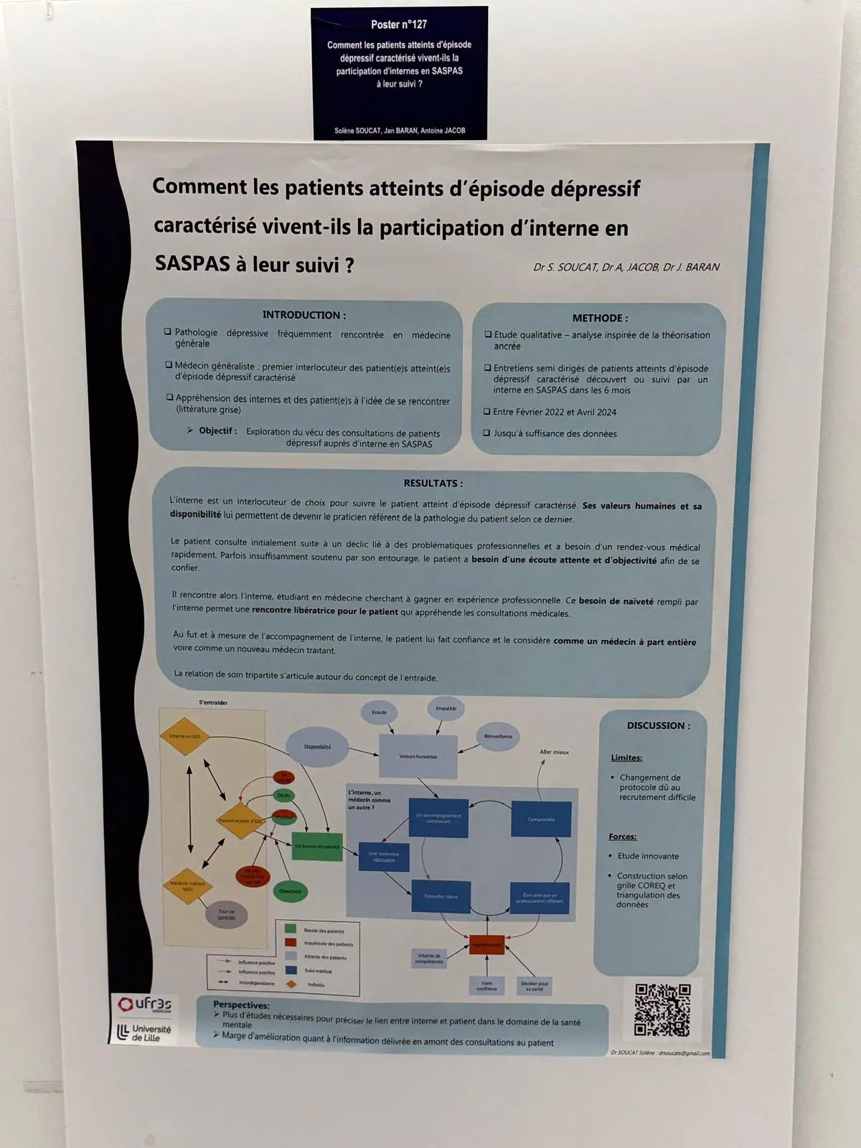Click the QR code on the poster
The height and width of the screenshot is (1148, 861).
tap(662, 1010)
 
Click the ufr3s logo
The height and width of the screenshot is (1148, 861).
tap(146, 1004)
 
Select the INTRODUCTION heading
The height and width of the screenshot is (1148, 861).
tap(304, 315)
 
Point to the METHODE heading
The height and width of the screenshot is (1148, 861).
tap(600, 318)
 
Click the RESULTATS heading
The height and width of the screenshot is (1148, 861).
tap(433, 483)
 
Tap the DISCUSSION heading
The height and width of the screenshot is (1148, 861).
tap(659, 725)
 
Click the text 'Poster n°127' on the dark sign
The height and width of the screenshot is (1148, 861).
tap(399, 24)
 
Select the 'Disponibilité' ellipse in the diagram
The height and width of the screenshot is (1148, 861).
tap(317, 747)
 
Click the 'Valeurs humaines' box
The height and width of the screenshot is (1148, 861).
tap(418, 756)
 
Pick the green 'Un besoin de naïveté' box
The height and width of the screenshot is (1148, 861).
tap(317, 847)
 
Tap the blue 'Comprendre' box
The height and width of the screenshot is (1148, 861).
tap(541, 819)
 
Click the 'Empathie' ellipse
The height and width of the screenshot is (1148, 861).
tap(446, 709)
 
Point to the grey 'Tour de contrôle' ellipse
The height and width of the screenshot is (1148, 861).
tap(227, 915)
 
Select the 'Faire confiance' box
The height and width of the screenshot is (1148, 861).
tap(486, 986)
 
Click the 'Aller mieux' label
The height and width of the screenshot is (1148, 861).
tap(554, 752)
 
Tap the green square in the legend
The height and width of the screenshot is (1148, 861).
tap(291, 929)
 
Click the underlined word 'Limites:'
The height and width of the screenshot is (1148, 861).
tap(626, 758)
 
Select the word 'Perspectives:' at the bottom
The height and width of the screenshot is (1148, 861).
tap(241, 1005)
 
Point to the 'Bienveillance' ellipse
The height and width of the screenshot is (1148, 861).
tap(498, 737)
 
